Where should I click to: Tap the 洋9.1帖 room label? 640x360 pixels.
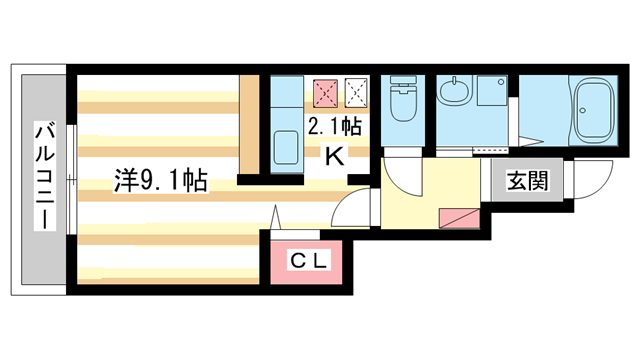(x=160, y=182)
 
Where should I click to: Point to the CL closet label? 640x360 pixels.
(x=304, y=262)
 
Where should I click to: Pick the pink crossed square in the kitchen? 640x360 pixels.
(x=325, y=93)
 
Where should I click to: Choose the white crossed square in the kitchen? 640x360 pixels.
(x=355, y=93)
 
